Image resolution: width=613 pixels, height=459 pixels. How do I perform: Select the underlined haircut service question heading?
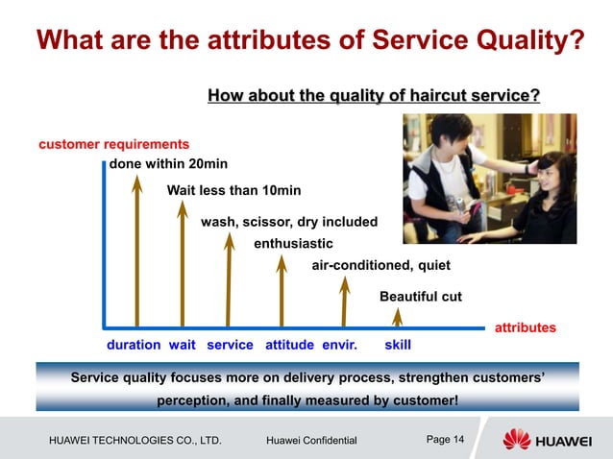click(x=374, y=95)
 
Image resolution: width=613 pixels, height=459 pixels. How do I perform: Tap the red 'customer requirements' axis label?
click(x=113, y=144)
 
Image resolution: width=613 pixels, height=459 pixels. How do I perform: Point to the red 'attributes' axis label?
click(x=525, y=327)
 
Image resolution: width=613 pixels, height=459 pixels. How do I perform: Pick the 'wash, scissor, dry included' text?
click(x=288, y=222)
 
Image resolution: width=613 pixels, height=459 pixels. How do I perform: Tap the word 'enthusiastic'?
click(x=293, y=243)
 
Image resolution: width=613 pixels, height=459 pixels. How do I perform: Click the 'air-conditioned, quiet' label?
click(x=380, y=265)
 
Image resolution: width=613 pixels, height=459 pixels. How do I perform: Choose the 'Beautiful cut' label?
click(x=421, y=297)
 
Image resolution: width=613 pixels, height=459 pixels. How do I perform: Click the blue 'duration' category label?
click(x=133, y=345)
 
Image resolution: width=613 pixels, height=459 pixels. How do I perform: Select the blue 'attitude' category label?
click(x=289, y=345)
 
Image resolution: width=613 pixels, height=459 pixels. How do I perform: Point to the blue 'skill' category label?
click(x=398, y=345)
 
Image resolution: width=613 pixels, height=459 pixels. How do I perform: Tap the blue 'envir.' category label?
click(x=339, y=345)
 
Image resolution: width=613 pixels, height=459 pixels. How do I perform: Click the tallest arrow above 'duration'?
click(x=137, y=254)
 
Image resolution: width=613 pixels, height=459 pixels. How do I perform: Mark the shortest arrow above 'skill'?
click(x=398, y=317)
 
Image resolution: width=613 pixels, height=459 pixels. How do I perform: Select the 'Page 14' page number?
click(x=445, y=440)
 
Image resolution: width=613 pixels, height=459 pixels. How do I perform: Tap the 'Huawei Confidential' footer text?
click(x=310, y=441)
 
